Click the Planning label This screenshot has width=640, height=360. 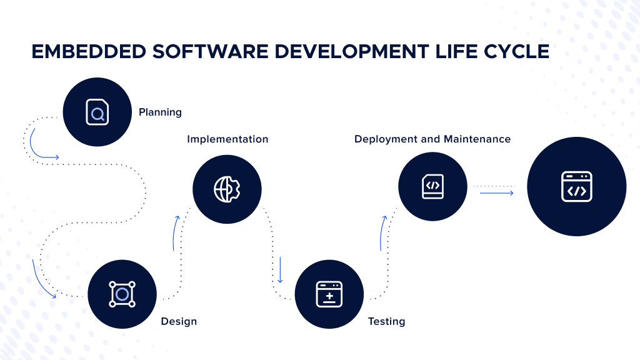point(160,112)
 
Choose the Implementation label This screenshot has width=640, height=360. point(227,139)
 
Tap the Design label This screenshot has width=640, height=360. point(179,321)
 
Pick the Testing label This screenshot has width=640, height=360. point(386,321)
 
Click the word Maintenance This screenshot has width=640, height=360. point(477,139)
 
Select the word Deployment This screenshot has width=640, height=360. point(386,139)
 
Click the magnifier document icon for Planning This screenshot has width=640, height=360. point(97,112)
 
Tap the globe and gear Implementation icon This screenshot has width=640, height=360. point(227,189)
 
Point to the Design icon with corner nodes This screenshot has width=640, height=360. point(122,294)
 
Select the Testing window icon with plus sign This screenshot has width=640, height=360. point(329,294)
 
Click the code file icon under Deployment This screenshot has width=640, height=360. point(432,186)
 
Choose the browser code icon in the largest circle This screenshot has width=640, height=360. point(576,186)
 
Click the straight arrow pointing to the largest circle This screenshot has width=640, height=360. point(496,193)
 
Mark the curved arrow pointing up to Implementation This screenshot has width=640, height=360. point(176,232)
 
